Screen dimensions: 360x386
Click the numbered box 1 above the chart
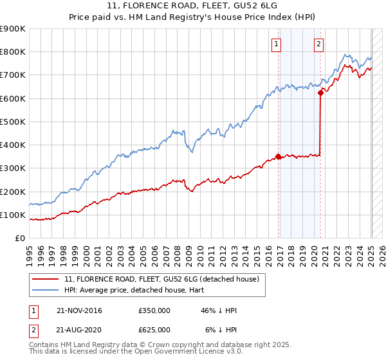coord(276,44)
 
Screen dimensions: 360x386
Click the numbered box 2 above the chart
coord(318,44)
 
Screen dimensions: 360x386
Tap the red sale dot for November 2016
coord(278,156)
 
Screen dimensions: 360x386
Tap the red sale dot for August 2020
coord(320,93)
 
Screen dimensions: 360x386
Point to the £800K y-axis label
coord(13,52)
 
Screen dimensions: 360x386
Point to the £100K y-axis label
coord(13,215)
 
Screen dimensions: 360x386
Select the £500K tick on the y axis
coord(13,122)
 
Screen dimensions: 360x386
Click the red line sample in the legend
coord(46,279)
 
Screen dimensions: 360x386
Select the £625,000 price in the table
coord(154,329)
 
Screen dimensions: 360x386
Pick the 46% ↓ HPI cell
coord(219,310)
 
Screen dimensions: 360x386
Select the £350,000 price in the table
coord(154,310)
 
